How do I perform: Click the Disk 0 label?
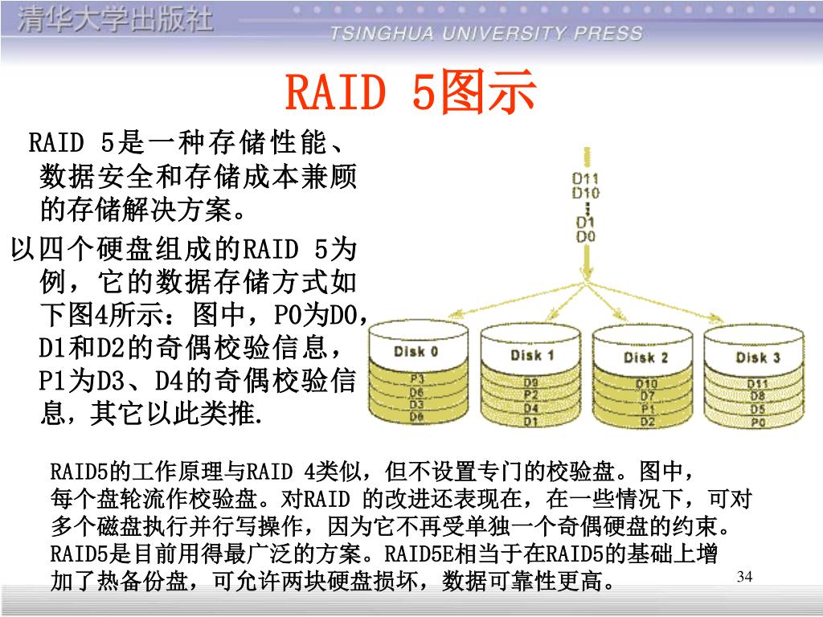[x=416, y=351]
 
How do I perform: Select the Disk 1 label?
[x=532, y=354]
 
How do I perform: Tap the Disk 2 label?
[x=645, y=357]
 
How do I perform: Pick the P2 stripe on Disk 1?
[x=531, y=395]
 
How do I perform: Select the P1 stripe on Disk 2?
[x=647, y=408]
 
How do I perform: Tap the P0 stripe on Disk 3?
[x=757, y=422]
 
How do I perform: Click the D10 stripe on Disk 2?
[x=647, y=383]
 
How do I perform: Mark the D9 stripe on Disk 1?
[x=531, y=382]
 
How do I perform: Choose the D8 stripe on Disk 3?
[x=757, y=395]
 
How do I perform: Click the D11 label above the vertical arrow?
[x=585, y=178]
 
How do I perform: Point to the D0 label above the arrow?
[x=585, y=236]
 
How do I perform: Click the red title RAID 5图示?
[x=411, y=93]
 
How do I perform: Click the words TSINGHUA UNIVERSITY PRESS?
[x=486, y=33]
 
